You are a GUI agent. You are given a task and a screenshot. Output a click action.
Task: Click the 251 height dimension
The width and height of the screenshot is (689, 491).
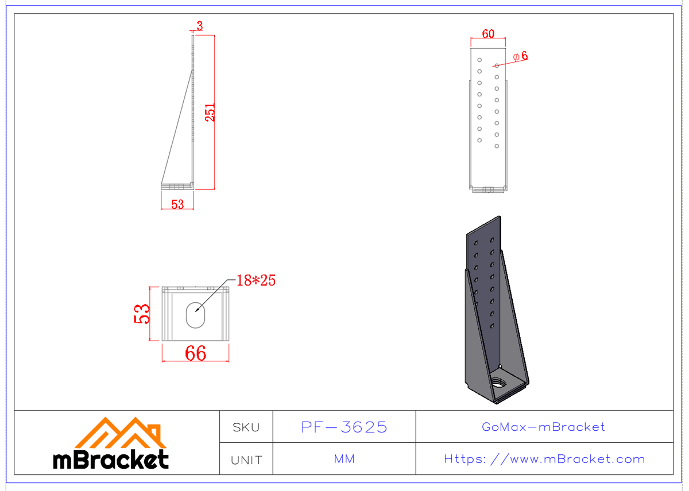tap(211, 112)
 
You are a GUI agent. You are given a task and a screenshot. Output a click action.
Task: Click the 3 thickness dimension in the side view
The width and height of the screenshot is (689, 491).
tap(199, 25)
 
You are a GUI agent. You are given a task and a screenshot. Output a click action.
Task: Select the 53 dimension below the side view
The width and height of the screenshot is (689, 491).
tap(177, 204)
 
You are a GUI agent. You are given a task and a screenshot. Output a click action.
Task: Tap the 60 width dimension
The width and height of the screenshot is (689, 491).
tap(488, 34)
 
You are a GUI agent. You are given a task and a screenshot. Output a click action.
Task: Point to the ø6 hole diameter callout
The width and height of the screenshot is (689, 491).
tap(520, 56)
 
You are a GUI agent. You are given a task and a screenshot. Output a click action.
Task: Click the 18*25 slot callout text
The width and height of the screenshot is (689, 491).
tap(256, 280)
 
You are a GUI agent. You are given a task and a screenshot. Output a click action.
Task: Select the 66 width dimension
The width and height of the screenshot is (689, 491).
tap(195, 353)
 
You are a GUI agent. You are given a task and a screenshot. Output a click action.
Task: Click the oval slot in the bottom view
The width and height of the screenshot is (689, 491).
tap(196, 314)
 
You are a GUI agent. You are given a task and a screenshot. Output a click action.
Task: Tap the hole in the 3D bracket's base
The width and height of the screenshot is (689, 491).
tap(501, 382)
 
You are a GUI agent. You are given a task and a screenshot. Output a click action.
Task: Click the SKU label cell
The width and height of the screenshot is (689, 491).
tap(246, 427)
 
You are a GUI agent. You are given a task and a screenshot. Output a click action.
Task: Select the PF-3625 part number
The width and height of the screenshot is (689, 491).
tap(344, 427)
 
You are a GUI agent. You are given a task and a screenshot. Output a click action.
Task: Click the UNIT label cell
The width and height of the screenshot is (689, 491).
tap(246, 460)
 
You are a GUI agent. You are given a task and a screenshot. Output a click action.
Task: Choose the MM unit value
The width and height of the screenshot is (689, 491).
tap(344, 459)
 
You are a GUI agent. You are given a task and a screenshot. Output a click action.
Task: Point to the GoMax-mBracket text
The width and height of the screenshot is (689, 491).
tap(543, 427)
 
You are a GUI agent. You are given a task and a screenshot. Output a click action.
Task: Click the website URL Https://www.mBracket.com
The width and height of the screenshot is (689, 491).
tap(544, 459)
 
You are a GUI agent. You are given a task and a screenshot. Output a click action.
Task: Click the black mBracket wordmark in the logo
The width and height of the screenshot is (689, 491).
tap(111, 460)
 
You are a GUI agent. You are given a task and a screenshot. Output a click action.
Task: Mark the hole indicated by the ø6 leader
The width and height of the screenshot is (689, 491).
tap(497, 65)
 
